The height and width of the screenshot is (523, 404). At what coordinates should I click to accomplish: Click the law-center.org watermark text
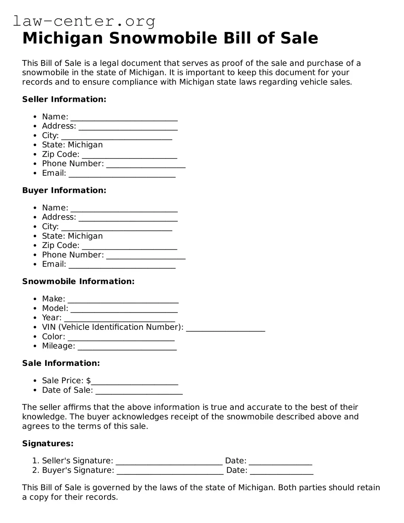coord(84,21)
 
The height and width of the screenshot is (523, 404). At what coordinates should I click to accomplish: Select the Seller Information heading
coord(64,99)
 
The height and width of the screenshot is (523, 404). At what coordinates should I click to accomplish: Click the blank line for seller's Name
coord(124,118)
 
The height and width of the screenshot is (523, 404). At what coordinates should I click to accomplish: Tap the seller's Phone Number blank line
coord(146,165)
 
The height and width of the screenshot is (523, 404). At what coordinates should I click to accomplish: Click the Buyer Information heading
coord(64,190)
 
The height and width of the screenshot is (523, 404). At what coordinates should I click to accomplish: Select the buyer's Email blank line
coord(122,265)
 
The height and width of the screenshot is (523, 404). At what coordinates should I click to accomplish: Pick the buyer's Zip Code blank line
coord(129,246)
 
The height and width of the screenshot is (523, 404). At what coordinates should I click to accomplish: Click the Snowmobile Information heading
coord(78,281)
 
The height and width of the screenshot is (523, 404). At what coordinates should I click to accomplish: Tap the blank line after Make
coord(123,300)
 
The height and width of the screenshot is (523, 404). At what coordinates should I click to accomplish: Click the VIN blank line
coord(225,328)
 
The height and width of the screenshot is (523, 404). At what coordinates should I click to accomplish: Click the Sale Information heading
coord(61,363)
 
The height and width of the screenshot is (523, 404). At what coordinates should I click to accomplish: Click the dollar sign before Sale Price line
coord(88,380)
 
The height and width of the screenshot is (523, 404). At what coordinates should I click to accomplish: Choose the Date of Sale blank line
coord(139,391)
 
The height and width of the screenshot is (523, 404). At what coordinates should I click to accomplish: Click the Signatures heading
coord(47,444)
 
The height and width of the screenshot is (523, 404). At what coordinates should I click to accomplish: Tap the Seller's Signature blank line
coord(169,462)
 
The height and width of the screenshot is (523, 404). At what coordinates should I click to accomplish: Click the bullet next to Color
coord(35,337)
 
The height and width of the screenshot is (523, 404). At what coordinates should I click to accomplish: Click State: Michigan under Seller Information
coord(72,145)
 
